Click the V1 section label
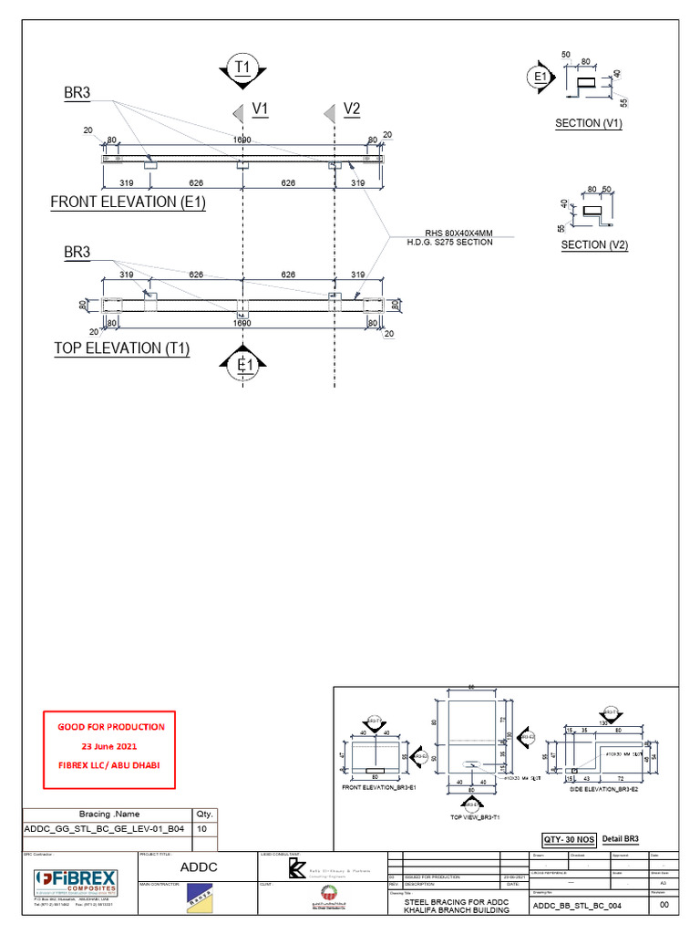pos(261,110)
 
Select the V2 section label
pos(352,110)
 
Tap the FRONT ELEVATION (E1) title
pos(128,202)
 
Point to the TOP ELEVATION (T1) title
pos(121,348)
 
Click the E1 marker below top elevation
pos(242,366)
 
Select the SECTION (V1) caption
pos(589,123)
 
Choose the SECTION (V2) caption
pos(594,244)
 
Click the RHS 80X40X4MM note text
pos(452,233)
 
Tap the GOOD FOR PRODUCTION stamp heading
pos(111,727)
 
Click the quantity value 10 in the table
pos(203,830)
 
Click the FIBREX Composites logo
pos(77,883)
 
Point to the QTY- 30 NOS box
pos(569,839)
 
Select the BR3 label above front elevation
pos(77,93)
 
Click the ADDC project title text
pos(198,867)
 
